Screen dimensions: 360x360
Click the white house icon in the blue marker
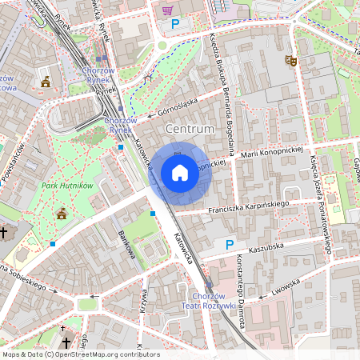[x=180, y=173]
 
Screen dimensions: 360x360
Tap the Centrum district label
[x=190, y=129]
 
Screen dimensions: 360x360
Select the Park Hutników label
[x=67, y=186]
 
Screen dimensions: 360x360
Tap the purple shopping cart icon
[x=167, y=10]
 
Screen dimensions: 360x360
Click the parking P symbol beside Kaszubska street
[x=230, y=244]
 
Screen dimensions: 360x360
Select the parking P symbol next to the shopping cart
[x=175, y=24]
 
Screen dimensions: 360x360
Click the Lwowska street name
[x=286, y=289]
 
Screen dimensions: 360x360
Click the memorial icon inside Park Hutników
[x=62, y=213]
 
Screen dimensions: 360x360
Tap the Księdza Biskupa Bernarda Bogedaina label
[x=223, y=92]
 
